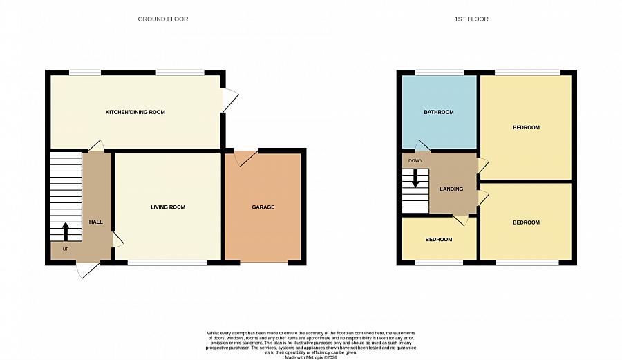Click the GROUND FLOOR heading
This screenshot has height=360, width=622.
click(163, 19)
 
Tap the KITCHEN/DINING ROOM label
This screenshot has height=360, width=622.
click(135, 112)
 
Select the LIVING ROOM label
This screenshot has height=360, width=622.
click(168, 207)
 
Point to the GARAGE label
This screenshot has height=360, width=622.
click(263, 207)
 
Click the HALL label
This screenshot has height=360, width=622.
click(96, 222)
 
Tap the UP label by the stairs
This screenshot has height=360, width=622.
click(65, 249)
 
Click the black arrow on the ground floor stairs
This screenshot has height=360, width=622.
click(66, 230)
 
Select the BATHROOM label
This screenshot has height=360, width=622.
click(439, 112)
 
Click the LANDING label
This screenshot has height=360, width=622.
click(451, 189)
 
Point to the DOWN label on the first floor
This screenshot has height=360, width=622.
click(415, 161)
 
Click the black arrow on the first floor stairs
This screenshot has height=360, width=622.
click(415, 178)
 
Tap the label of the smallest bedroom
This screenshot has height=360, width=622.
click(438, 240)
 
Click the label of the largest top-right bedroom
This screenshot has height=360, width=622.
click(526, 128)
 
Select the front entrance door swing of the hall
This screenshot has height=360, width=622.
click(88, 270)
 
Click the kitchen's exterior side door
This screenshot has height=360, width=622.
click(229, 101)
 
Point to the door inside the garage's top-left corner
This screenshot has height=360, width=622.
click(244, 158)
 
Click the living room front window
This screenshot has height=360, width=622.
click(167, 263)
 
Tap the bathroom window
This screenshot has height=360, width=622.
click(439, 72)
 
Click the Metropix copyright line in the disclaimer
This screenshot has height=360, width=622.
click(310, 357)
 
